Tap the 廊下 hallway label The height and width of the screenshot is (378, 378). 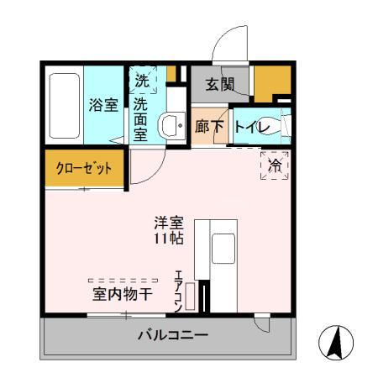[x=207, y=127]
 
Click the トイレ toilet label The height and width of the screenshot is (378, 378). [x=250, y=127]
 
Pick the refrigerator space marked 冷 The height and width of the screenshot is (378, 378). [x=274, y=166]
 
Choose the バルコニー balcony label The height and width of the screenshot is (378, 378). [x=172, y=336]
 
